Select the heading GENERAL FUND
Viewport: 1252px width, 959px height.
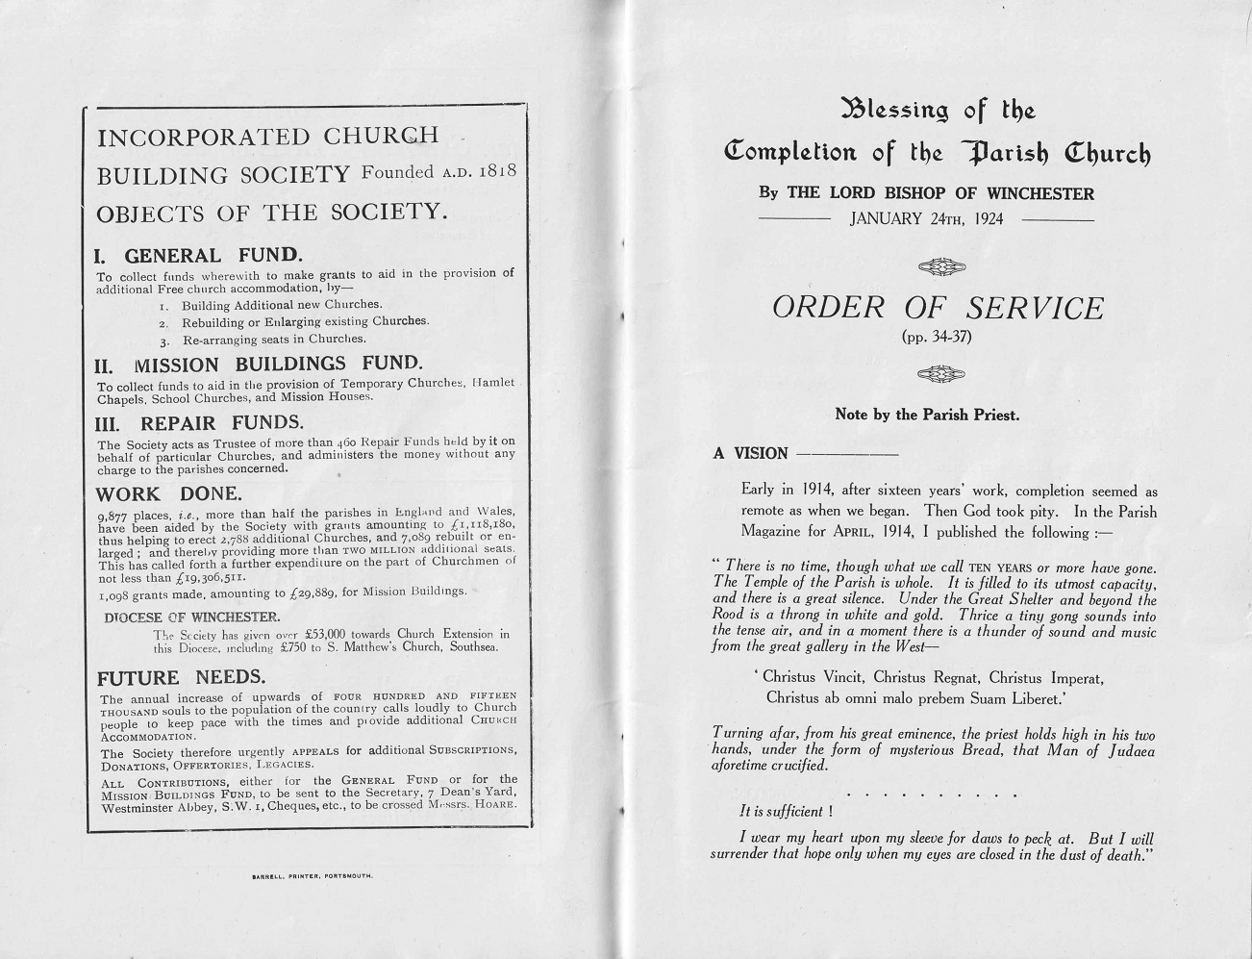click(x=213, y=255)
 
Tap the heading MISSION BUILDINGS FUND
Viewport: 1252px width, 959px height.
click(x=278, y=364)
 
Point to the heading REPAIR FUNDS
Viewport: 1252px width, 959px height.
click(x=222, y=422)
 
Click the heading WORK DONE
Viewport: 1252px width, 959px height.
click(x=168, y=493)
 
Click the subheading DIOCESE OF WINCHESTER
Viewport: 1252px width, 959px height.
click(x=192, y=617)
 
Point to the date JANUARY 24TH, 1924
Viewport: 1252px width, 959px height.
click(x=926, y=218)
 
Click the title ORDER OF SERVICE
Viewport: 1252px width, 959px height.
click(x=938, y=308)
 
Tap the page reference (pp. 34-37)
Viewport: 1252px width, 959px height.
click(x=938, y=337)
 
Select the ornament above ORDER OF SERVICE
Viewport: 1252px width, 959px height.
click(x=941, y=267)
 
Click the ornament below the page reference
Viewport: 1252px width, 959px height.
click(x=941, y=374)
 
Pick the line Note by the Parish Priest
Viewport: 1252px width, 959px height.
click(x=927, y=416)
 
